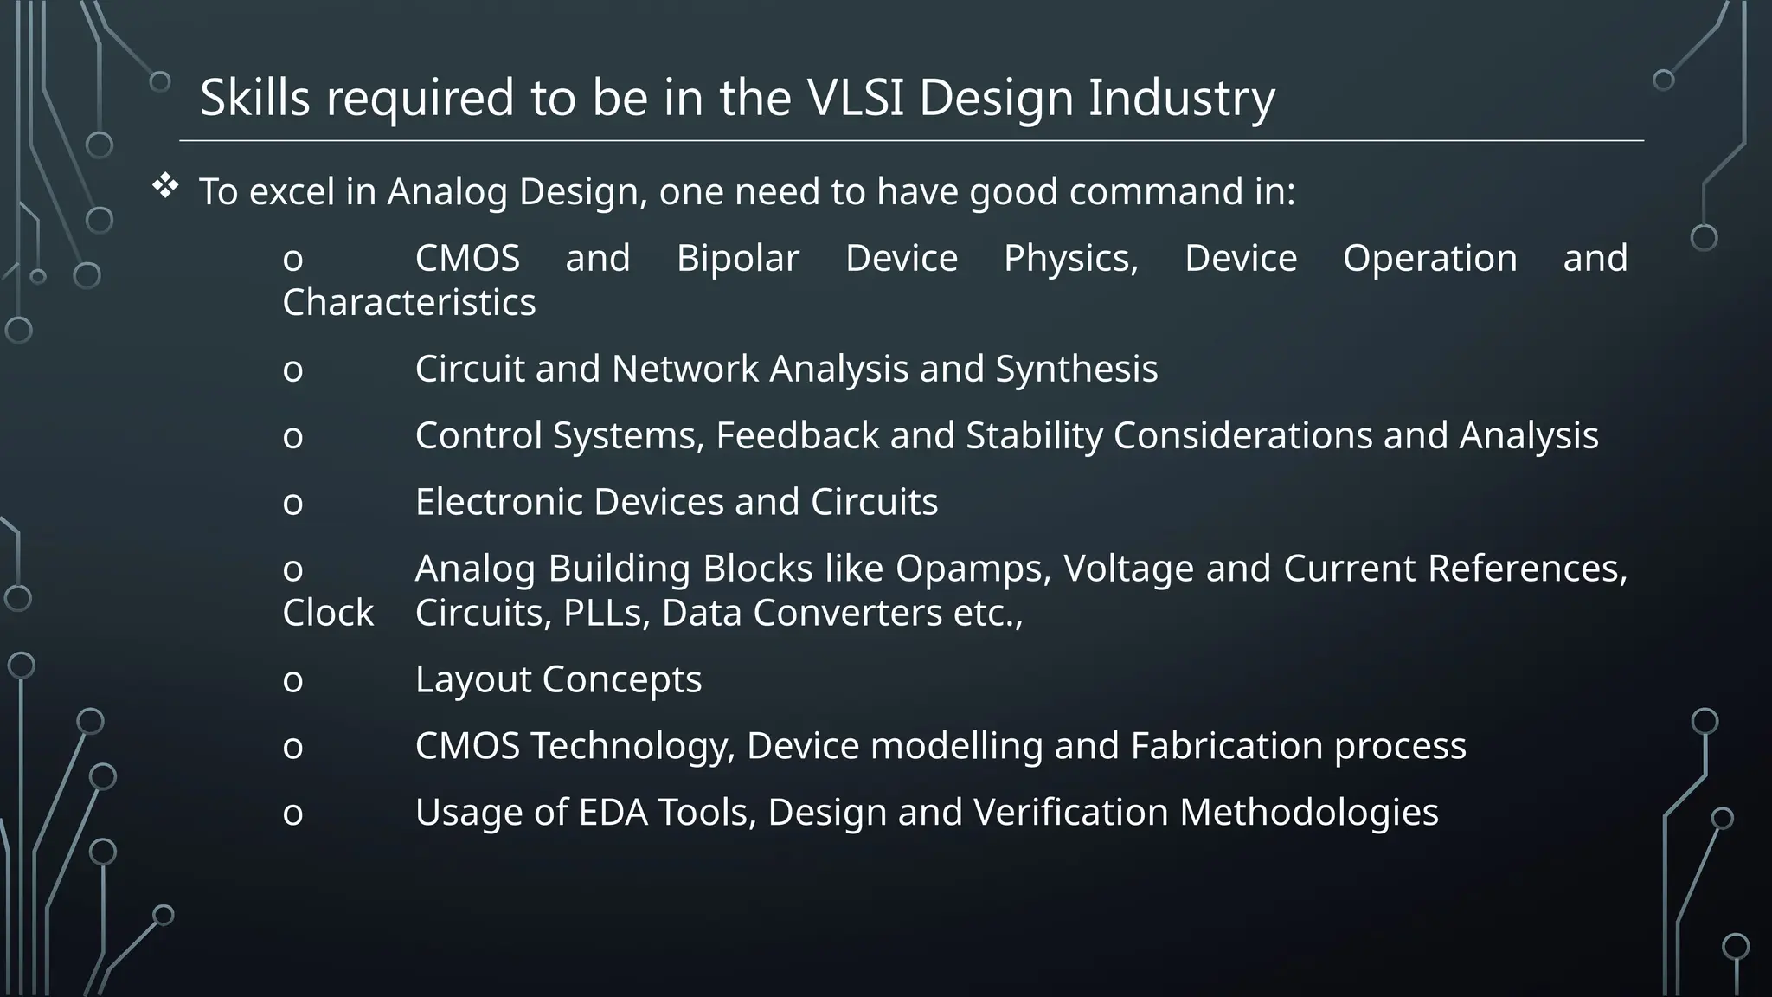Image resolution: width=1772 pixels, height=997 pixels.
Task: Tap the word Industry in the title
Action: tap(1181, 98)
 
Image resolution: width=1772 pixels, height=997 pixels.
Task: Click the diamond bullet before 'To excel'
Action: tap(165, 186)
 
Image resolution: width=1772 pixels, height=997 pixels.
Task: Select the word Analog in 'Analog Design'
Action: tap(446, 192)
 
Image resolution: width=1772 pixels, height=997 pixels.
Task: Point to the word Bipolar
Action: tap(737, 259)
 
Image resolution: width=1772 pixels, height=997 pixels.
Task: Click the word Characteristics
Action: tap(408, 303)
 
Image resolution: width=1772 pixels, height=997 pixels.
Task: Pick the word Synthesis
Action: tap(1075, 370)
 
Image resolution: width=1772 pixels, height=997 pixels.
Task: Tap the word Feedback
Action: tap(797, 435)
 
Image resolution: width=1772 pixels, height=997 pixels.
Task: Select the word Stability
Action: tap(1034, 435)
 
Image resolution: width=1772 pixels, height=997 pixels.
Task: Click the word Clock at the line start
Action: tap(328, 614)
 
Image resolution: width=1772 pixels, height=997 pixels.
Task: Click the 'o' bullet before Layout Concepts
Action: tap(292, 681)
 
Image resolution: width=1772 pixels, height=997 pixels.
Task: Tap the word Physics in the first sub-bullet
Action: tap(1070, 259)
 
